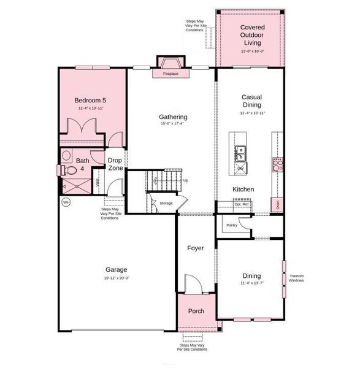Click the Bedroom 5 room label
[x=90, y=100]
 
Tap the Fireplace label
[x=170, y=74]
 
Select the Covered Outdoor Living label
[x=251, y=35]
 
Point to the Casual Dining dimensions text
[x=252, y=113]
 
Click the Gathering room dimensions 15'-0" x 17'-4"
[x=172, y=123]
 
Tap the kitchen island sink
[x=240, y=150]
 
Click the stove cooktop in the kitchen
[x=277, y=164]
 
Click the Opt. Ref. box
[x=241, y=204]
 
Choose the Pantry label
[x=232, y=225]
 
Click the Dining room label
[x=251, y=276]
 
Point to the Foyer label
[x=196, y=248]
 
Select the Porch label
[x=196, y=311]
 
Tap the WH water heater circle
[x=66, y=202]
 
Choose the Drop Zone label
[x=115, y=164]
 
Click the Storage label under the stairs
[x=166, y=203]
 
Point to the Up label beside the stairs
[x=186, y=180]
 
